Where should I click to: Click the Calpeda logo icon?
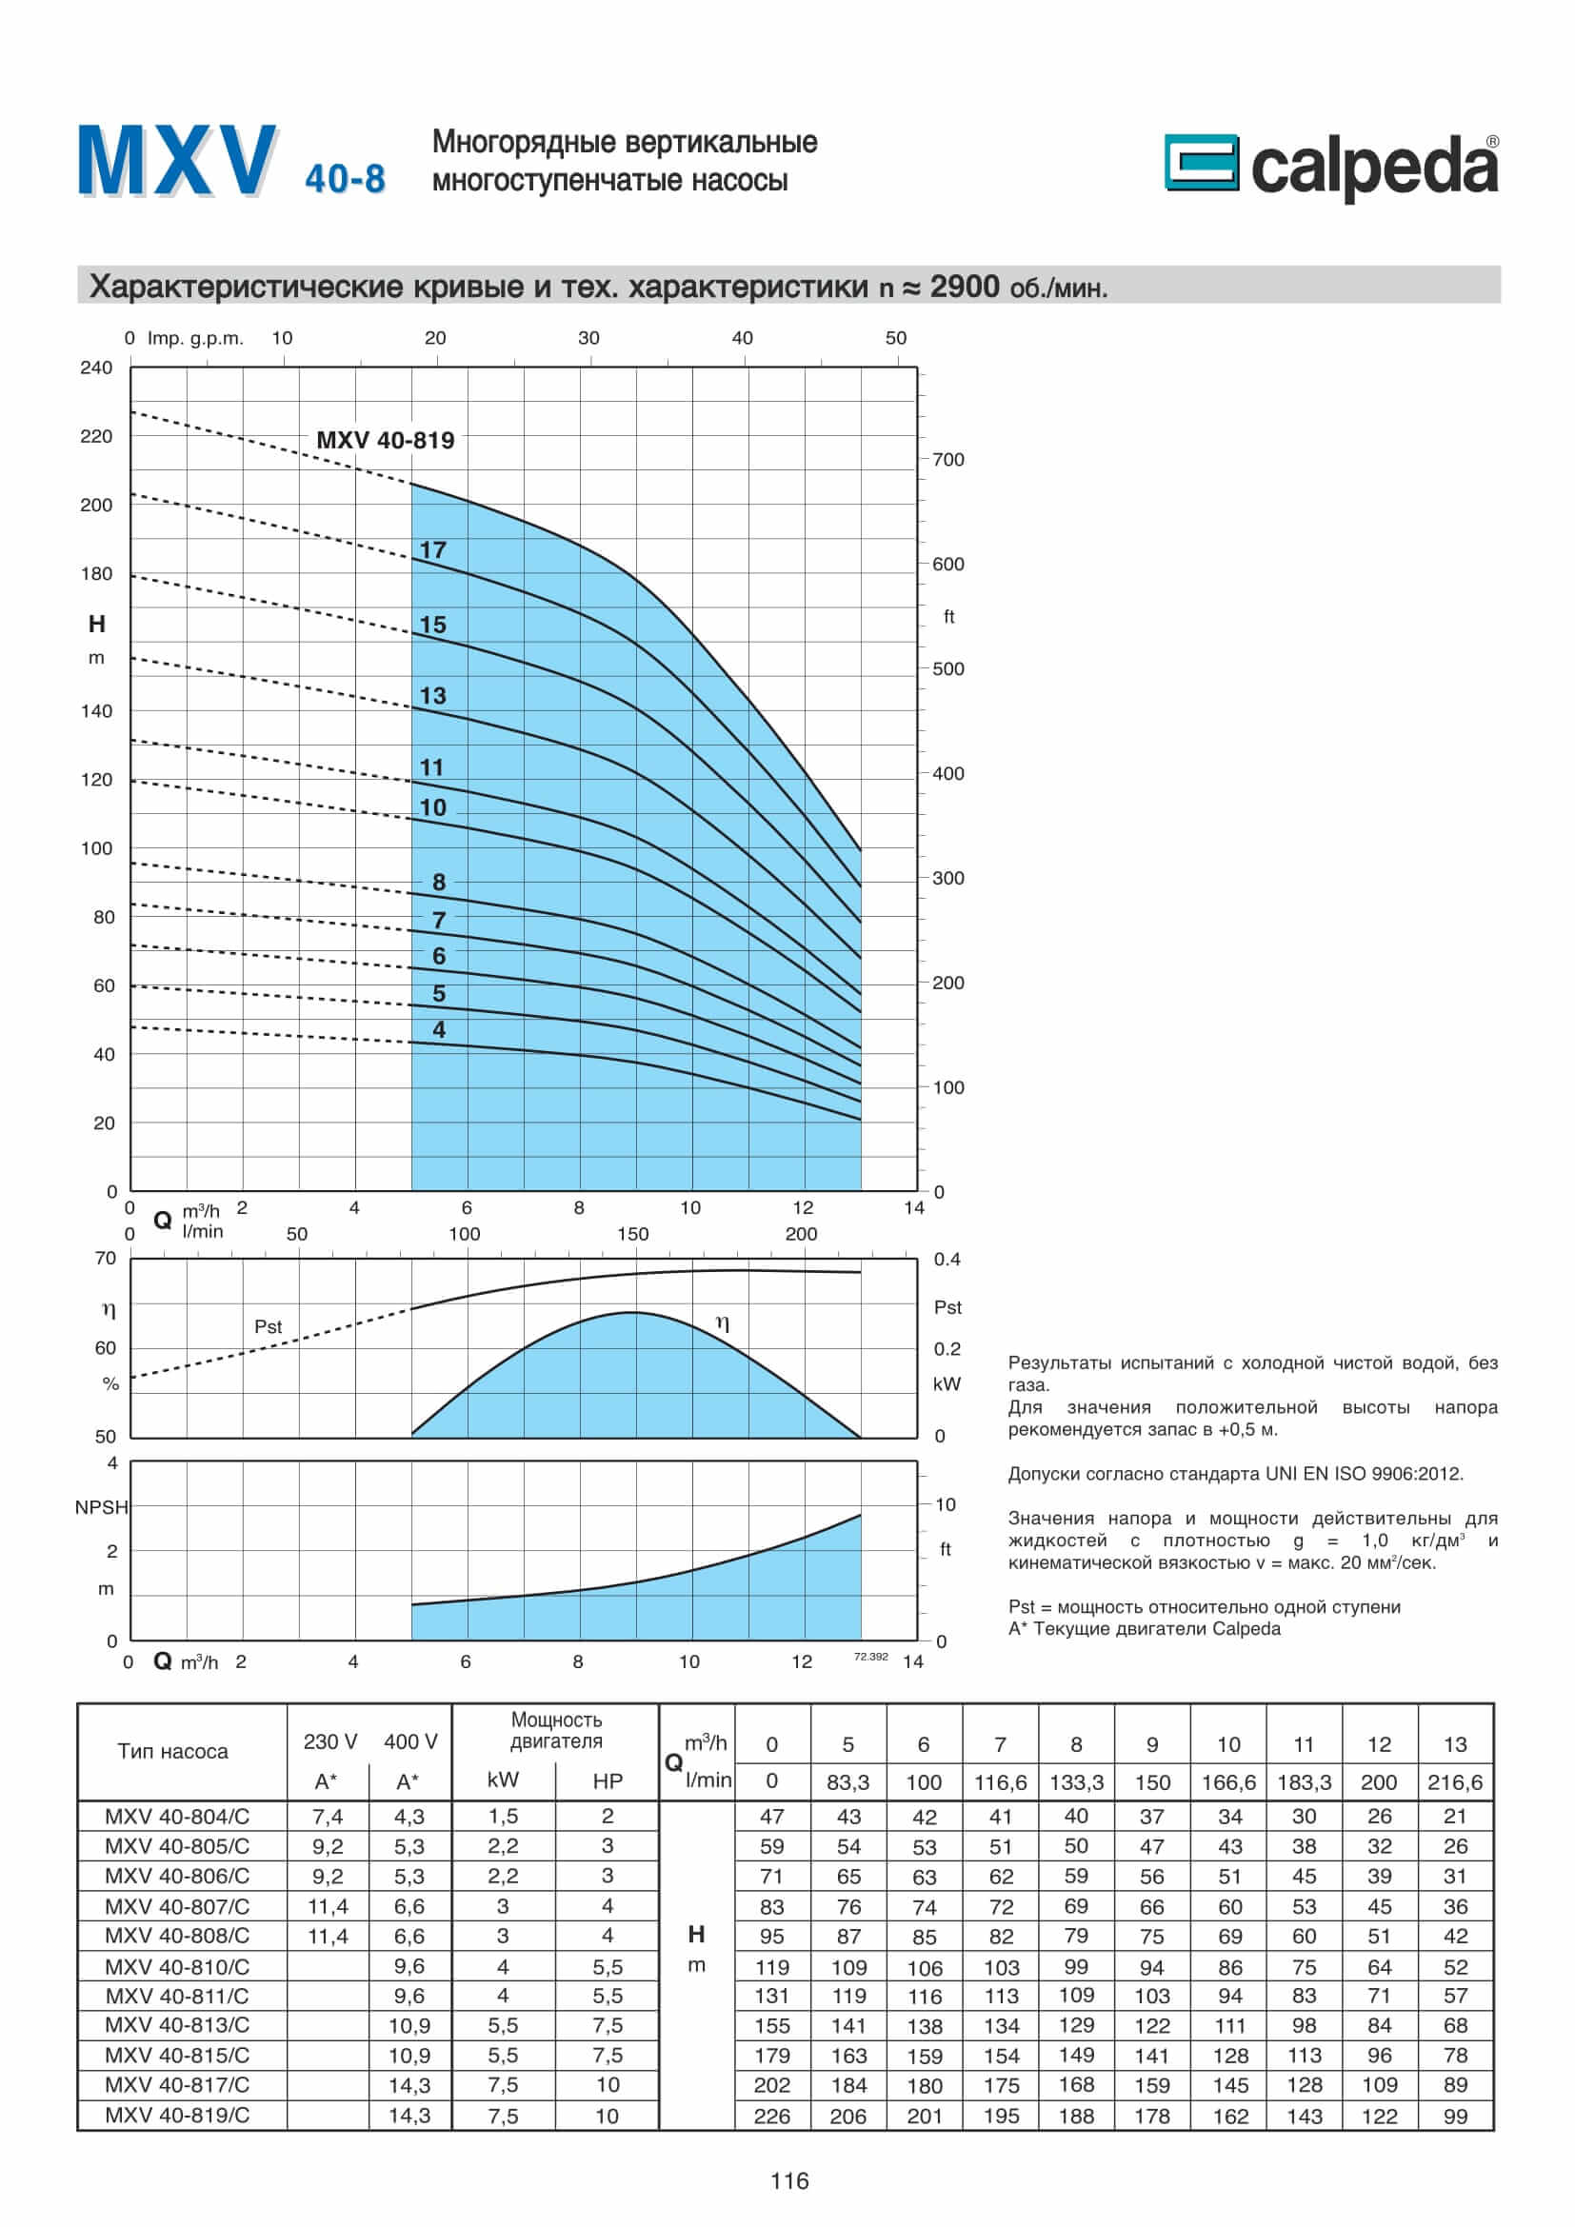coord(1201,162)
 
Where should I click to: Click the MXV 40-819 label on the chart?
coord(385,441)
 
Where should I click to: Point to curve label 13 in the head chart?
coord(432,695)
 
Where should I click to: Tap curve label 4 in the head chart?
coord(438,1029)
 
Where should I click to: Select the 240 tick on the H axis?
coord(96,368)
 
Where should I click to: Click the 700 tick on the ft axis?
coord(947,460)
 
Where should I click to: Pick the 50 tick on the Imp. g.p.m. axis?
coord(895,339)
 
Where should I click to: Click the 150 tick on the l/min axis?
coord(632,1234)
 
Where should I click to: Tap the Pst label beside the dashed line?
coord(268,1326)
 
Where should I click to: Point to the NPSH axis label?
coord(101,1507)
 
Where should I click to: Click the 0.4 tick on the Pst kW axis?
coord(947,1259)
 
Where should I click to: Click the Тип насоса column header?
coord(172,1751)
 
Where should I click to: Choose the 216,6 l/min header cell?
coord(1455,1781)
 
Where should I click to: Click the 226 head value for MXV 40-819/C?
coord(771,2116)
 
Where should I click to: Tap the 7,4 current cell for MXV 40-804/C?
coord(327,1816)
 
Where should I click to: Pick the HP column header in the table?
coord(608,1780)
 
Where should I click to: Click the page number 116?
coord(788,2181)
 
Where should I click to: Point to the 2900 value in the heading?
coord(964,288)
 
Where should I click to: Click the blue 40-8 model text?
coord(345,179)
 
